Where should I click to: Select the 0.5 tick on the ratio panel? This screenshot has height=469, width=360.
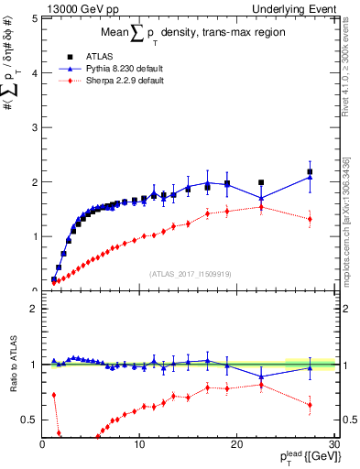27,420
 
